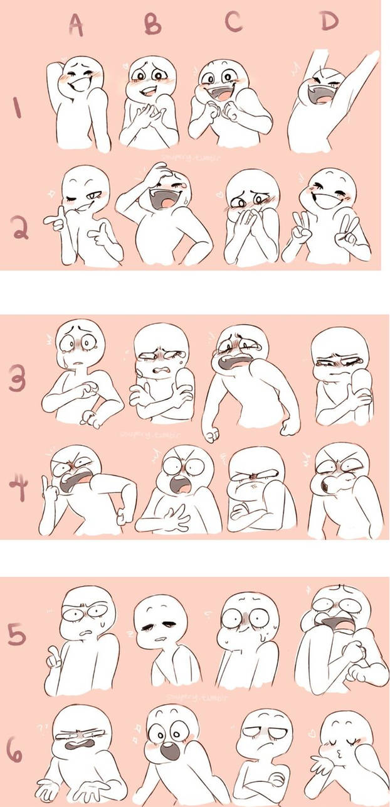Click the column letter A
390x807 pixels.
[x=75, y=24]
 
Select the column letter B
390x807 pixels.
[x=152, y=24]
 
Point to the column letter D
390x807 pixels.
[x=328, y=21]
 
